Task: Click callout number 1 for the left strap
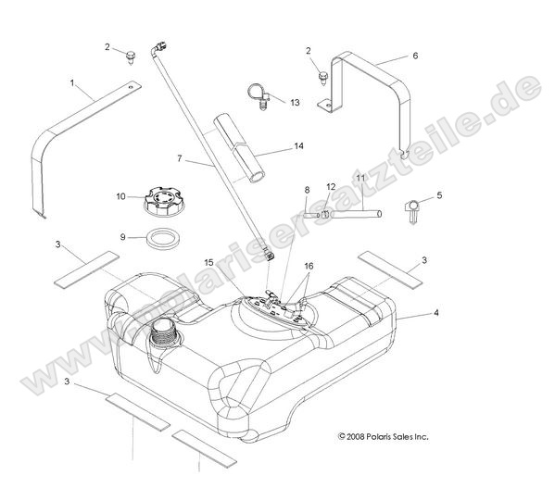pyautogui.click(x=73, y=83)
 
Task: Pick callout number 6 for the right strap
pyautogui.click(x=414, y=56)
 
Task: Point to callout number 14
pyautogui.click(x=297, y=146)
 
